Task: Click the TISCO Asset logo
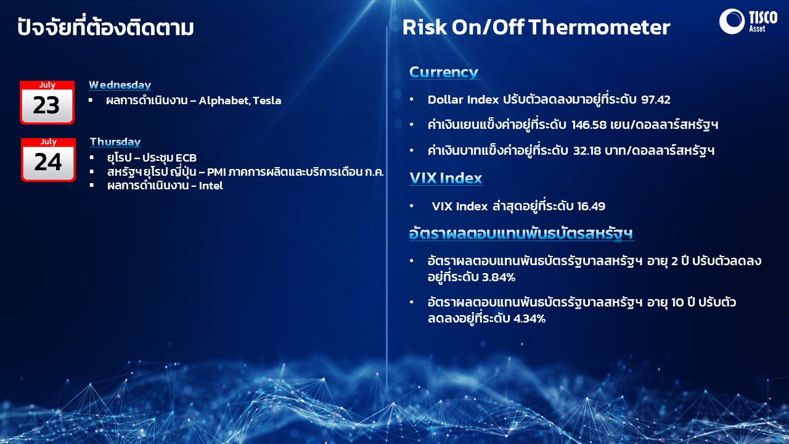click(x=748, y=21)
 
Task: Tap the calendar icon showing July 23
click(x=47, y=102)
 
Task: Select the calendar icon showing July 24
click(x=48, y=160)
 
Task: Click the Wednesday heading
click(x=120, y=85)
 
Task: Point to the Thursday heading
click(x=115, y=142)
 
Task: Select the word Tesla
click(x=267, y=101)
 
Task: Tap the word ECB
click(x=186, y=158)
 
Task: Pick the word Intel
click(x=211, y=186)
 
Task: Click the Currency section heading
click(x=443, y=72)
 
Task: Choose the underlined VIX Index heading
click(x=446, y=178)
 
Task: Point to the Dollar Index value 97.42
click(x=655, y=100)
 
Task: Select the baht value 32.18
click(x=587, y=151)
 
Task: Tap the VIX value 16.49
click(x=591, y=206)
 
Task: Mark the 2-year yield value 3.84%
click(x=499, y=277)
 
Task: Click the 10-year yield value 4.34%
click(x=529, y=319)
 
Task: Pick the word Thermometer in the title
click(x=599, y=27)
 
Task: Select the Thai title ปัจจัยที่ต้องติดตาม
click(x=105, y=27)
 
